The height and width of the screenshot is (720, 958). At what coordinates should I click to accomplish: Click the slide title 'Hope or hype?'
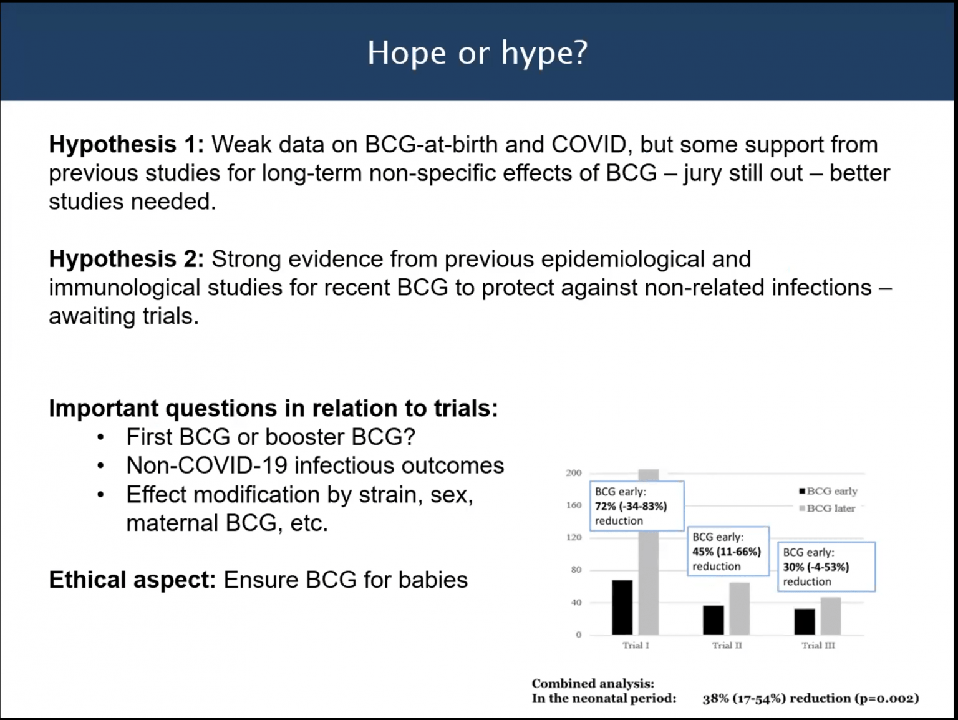click(477, 53)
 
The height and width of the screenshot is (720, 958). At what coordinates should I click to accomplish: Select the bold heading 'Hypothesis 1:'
click(127, 145)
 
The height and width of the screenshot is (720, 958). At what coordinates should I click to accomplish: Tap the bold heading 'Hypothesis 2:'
click(127, 259)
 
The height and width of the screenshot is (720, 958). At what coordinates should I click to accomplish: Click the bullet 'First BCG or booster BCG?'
click(271, 437)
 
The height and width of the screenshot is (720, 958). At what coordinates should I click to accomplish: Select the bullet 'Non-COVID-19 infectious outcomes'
click(315, 466)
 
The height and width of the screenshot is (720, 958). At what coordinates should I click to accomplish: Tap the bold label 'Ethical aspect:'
click(132, 580)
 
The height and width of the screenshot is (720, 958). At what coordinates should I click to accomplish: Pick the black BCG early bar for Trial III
click(805, 621)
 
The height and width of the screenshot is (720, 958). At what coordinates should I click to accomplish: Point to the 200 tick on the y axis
click(573, 473)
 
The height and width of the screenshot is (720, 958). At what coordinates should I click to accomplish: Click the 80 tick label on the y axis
click(576, 570)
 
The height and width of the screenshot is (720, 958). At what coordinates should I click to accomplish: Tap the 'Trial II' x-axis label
click(727, 646)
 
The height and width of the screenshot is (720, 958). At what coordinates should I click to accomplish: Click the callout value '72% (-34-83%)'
click(631, 506)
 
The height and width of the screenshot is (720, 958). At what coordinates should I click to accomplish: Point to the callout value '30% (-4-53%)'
click(816, 567)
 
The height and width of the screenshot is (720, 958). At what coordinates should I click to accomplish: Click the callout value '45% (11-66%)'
click(727, 552)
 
